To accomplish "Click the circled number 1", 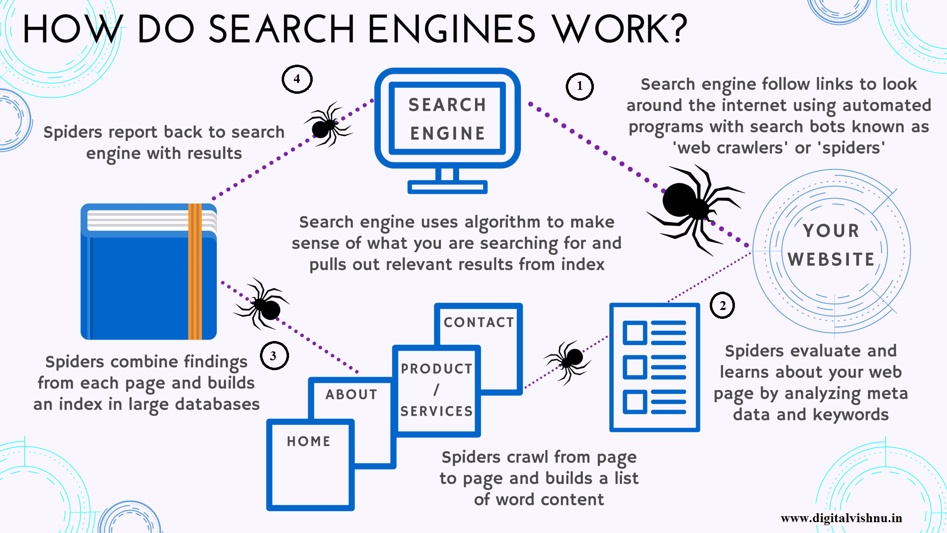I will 579,86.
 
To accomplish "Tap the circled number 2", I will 722,305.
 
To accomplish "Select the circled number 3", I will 274,356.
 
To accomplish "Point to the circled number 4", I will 297,79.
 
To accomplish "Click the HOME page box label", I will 309,441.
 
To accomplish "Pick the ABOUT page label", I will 351,394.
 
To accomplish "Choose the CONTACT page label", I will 478,322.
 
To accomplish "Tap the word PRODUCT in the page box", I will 437,369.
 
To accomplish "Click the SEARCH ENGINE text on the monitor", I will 447,119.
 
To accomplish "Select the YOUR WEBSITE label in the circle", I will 831,245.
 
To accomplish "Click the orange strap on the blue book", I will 195,271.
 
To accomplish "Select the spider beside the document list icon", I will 569,360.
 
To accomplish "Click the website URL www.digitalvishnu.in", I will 841,518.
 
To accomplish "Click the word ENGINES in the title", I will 451,29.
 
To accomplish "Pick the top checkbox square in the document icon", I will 635,333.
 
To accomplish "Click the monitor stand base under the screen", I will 447,187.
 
